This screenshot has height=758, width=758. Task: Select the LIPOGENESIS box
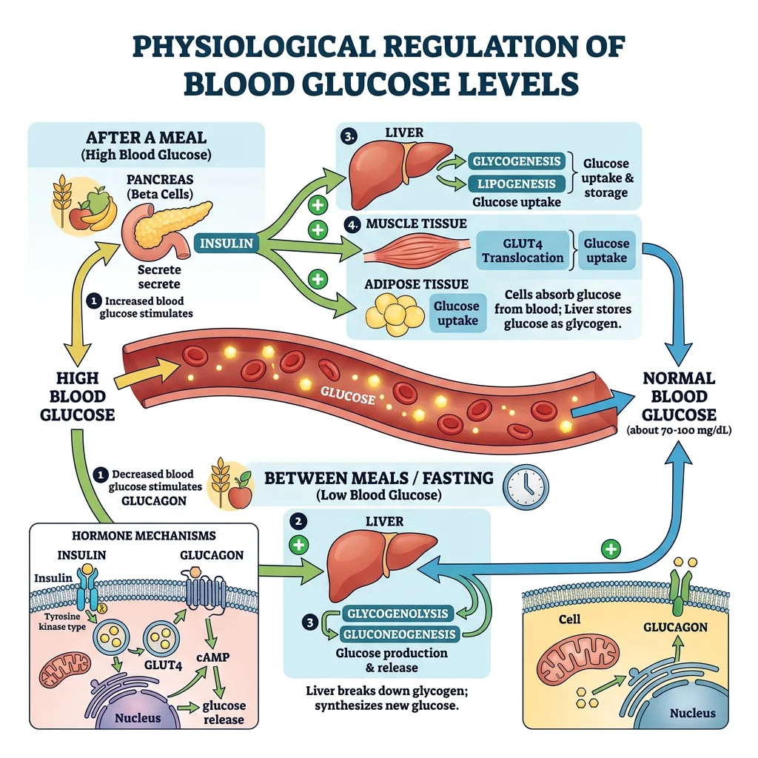click(517, 184)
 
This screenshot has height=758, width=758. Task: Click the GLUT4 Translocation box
click(523, 249)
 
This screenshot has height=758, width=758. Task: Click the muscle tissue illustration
click(415, 252)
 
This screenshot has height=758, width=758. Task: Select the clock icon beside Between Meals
click(526, 486)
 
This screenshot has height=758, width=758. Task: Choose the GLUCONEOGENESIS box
click(399, 634)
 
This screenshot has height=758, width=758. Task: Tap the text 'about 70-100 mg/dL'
click(679, 430)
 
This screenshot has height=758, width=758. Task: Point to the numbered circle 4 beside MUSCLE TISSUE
click(352, 224)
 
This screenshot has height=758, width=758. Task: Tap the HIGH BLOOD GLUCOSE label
click(77, 397)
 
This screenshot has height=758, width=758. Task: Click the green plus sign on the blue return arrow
click(611, 549)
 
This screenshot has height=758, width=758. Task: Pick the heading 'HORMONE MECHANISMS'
click(144, 535)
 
